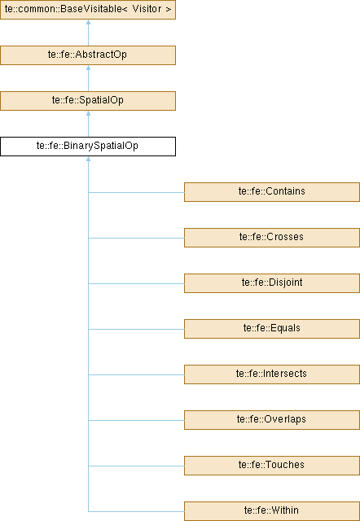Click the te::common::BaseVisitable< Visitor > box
pos(88,10)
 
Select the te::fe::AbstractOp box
pos(88,55)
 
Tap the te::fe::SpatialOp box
pos(88,101)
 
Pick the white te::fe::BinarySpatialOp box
pos(88,147)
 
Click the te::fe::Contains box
pos(272,192)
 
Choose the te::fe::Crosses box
pos(272,237)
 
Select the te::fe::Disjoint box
pos(272,282)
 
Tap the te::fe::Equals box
pos(272,329)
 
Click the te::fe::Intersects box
pos(272,374)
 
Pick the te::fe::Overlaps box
pos(272,420)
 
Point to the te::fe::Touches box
pos(272,465)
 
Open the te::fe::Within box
pos(272,511)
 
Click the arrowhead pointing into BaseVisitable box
pos(88,22)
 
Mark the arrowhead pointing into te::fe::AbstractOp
pos(88,68)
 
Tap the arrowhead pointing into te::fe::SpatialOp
pos(88,113)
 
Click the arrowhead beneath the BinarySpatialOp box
pos(88,159)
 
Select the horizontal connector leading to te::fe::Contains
pos(136,192)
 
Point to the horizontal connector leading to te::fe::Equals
pos(136,329)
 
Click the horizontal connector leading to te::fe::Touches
pos(136,466)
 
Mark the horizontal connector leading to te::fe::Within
pos(136,511)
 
